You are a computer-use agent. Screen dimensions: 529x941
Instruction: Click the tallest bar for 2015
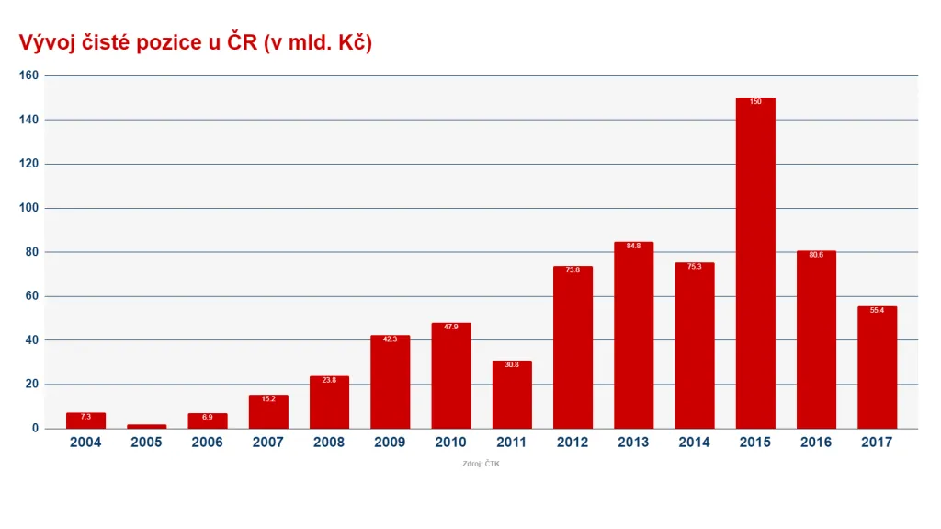[x=755, y=262]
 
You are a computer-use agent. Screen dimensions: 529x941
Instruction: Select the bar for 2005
[x=146, y=426]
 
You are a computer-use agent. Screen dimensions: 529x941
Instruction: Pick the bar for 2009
[x=390, y=382]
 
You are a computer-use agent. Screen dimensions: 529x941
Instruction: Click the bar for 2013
[x=633, y=335]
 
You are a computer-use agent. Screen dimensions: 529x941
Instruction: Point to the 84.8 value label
[x=633, y=247]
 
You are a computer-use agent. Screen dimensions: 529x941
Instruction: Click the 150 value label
[x=755, y=102]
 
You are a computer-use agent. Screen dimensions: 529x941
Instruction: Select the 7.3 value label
[x=85, y=417]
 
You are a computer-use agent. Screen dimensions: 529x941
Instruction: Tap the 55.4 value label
[x=877, y=311]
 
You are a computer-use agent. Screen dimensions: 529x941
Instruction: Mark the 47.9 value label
[x=450, y=328]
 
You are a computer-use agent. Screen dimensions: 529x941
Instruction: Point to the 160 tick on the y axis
[x=28, y=75]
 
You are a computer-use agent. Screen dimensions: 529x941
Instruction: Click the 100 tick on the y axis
[x=28, y=208]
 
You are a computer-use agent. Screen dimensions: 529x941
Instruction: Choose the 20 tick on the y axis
[x=31, y=385]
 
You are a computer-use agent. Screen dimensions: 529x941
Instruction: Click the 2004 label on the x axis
[x=85, y=443]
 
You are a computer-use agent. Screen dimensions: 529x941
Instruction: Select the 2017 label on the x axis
[x=877, y=443]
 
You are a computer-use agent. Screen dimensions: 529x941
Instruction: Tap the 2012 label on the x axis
[x=573, y=443]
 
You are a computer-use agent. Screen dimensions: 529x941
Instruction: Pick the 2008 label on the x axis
[x=329, y=443]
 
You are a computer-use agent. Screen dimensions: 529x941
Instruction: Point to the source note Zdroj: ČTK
[x=482, y=464]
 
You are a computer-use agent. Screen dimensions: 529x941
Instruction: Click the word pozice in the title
[x=167, y=43]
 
